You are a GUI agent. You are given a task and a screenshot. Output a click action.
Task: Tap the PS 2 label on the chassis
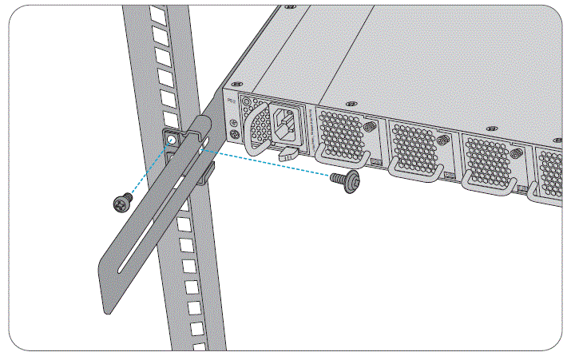[232, 101]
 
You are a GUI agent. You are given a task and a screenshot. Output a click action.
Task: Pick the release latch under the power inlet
[288, 151]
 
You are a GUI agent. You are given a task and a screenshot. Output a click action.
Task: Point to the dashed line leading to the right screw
[272, 163]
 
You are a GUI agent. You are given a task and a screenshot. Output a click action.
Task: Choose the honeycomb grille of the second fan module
[414, 144]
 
